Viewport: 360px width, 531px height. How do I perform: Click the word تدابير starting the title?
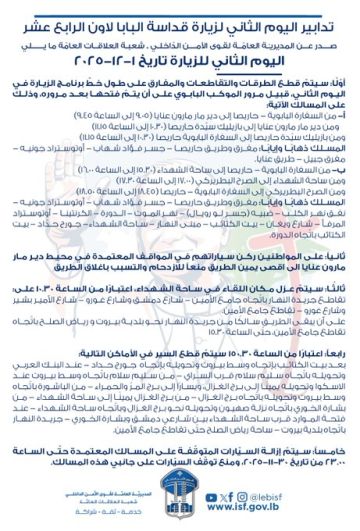click(x=326, y=14)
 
